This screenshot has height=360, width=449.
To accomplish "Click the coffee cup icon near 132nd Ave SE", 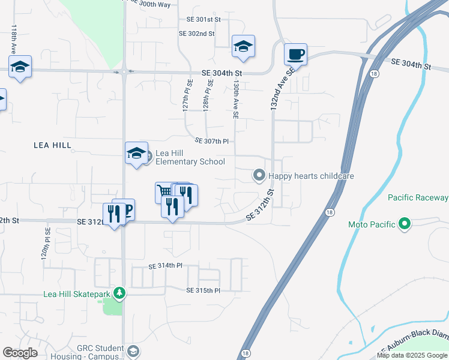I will (x=295, y=55).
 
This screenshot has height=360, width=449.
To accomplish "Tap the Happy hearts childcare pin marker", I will (x=259, y=176).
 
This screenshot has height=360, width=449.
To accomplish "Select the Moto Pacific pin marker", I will (x=405, y=224).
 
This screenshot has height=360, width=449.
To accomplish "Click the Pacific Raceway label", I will (x=418, y=197).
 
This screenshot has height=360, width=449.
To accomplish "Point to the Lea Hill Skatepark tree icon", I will (x=120, y=293).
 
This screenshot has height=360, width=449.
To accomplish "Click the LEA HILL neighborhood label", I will (x=52, y=145).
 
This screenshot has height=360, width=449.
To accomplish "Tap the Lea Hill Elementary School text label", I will (x=190, y=157).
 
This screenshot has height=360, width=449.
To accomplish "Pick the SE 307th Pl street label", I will (x=212, y=142).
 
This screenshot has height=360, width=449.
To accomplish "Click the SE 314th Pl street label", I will (x=165, y=266).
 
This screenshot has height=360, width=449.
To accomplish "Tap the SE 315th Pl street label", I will (x=204, y=290).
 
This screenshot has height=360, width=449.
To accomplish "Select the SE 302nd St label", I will (x=196, y=34).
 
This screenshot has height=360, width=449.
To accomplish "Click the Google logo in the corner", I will (x=20, y=353).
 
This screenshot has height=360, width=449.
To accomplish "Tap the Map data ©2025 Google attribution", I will (x=412, y=355).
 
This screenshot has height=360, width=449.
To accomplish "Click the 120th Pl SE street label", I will (x=44, y=247).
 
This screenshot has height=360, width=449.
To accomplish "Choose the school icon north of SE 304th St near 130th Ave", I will (x=244, y=47).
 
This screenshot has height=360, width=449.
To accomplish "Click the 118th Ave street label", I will (x=13, y=39).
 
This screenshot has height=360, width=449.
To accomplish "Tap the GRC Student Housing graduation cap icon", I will (x=133, y=350).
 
